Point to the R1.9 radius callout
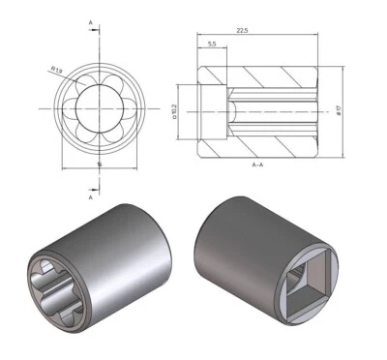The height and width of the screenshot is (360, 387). pyautogui.click(x=58, y=69)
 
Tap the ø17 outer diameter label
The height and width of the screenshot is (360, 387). pyautogui.click(x=340, y=109)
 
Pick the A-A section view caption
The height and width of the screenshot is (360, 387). pyautogui.click(x=259, y=166)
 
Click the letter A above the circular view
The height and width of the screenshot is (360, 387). pyautogui.click(x=90, y=20)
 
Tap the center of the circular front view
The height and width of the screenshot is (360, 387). pyautogui.click(x=99, y=108)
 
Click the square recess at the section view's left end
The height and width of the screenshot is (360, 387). pyautogui.click(x=212, y=109)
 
